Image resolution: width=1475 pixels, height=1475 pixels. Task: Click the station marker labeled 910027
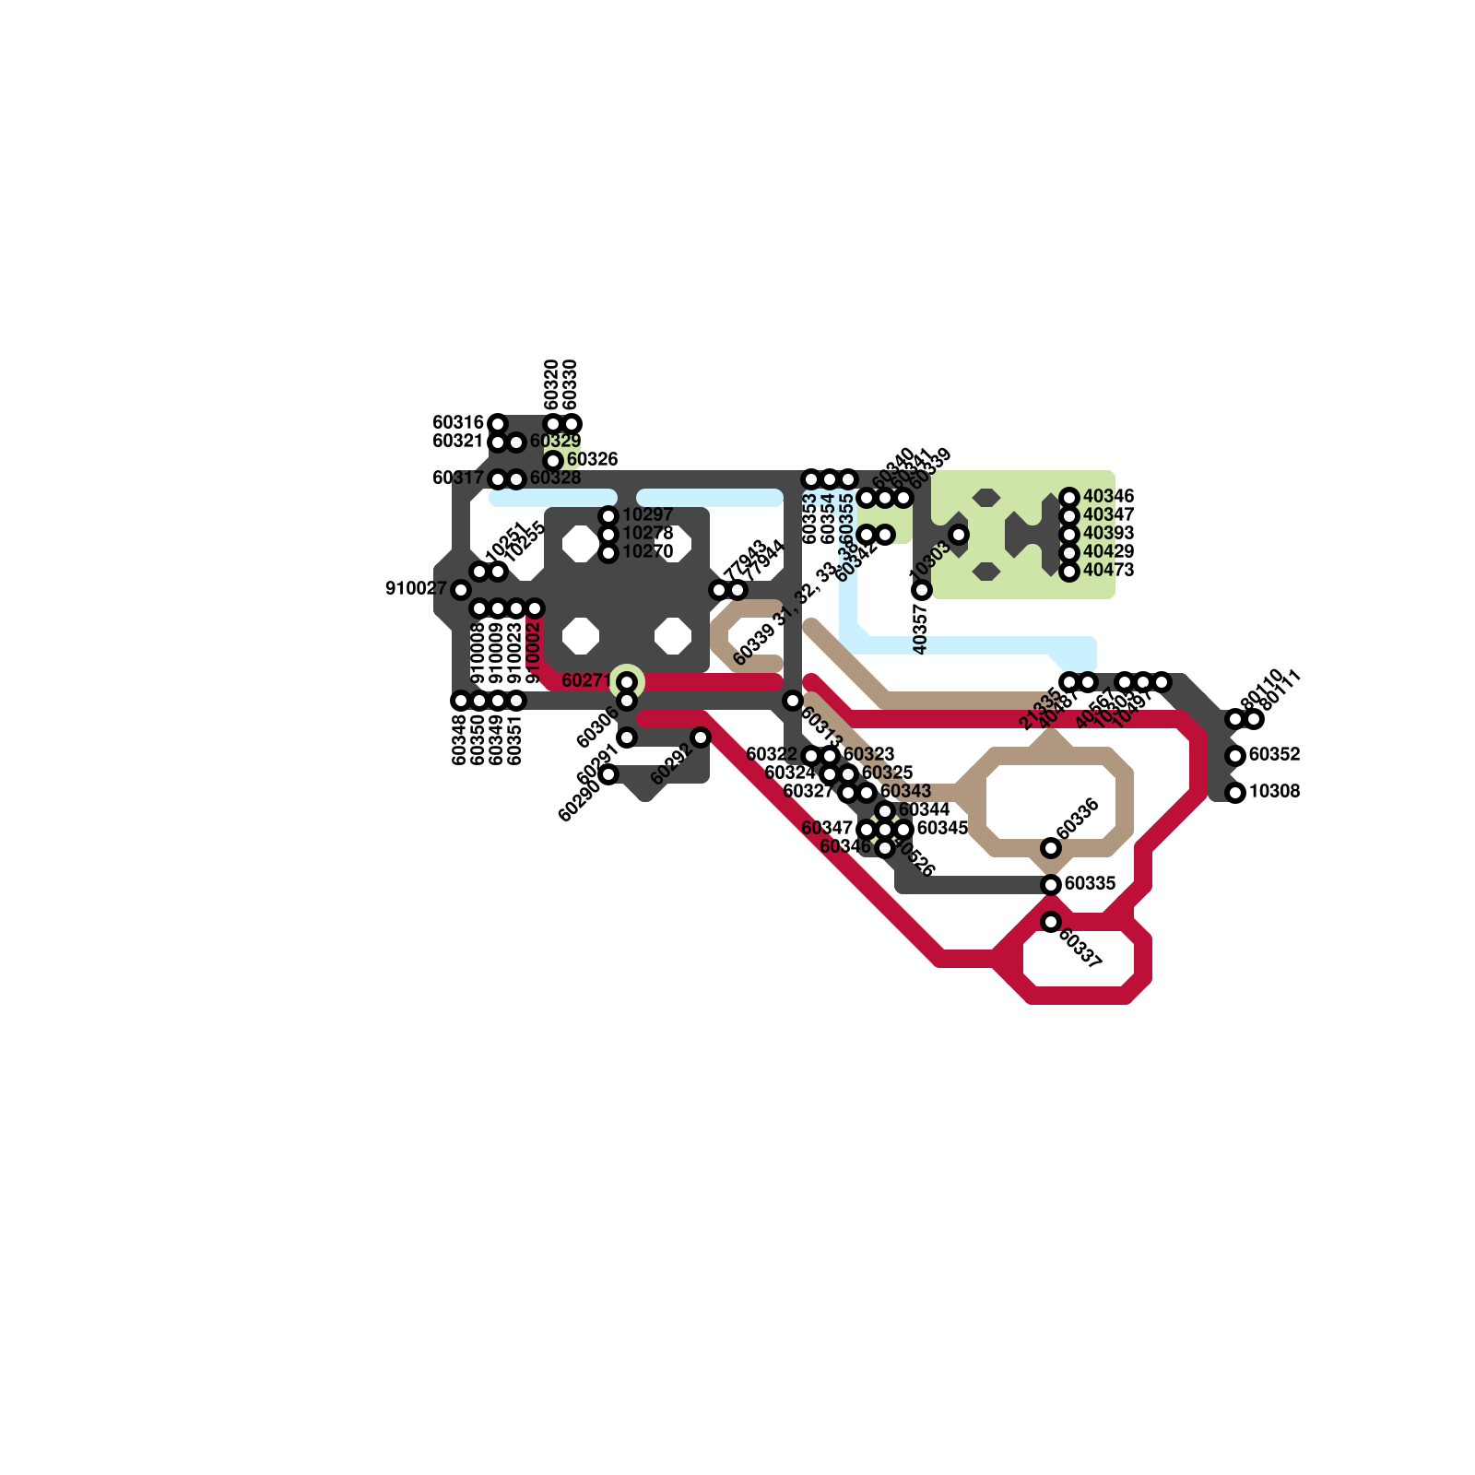coord(461,590)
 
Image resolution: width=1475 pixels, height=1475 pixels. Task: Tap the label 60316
coord(457,423)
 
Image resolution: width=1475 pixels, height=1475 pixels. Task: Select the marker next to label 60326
coord(553,460)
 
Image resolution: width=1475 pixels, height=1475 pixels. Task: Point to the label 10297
coord(647,514)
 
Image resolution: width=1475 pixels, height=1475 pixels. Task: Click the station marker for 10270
coord(608,553)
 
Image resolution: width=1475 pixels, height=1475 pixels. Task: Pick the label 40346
coord(1108,497)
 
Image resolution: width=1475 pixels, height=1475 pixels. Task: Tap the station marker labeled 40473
coord(1069,572)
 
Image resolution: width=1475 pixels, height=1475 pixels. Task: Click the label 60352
coord(1274,755)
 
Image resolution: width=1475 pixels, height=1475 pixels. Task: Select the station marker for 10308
coord(1235,793)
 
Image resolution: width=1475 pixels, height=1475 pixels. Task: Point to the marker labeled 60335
coord(1051,885)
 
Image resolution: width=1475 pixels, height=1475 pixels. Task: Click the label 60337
coord(1080,949)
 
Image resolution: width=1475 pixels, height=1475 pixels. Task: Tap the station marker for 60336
coord(1051,848)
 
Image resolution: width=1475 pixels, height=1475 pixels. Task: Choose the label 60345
coord(942,828)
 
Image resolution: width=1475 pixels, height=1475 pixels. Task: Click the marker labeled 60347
coord(867,830)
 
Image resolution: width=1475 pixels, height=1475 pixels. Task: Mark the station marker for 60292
coord(701,737)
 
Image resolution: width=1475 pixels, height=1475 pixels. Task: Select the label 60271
coord(586,681)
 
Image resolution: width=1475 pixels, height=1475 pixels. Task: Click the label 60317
coord(457,478)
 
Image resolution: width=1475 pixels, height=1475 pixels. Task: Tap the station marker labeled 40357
coord(922,590)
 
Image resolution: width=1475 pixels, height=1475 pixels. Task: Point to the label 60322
coord(771,755)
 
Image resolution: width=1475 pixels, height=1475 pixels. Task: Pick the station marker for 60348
coord(461,701)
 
